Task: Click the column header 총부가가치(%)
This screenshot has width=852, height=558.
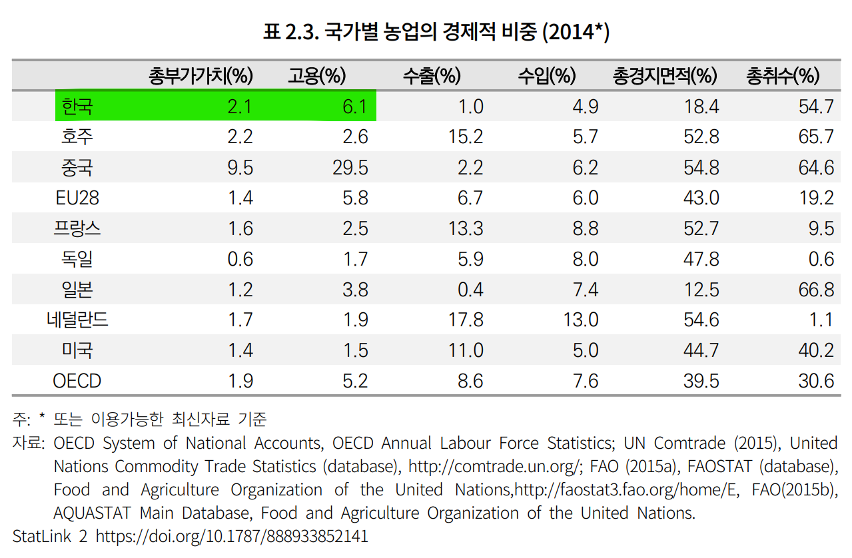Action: (x=201, y=76)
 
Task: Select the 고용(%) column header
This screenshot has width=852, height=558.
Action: (x=316, y=76)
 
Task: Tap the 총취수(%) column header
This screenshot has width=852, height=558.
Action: (x=782, y=76)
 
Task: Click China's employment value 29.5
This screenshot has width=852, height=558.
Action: (x=350, y=167)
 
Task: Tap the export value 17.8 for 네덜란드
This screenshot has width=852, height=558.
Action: (x=465, y=320)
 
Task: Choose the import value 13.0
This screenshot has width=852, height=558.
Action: (x=580, y=320)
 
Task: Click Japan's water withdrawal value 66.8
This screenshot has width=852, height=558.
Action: (x=816, y=290)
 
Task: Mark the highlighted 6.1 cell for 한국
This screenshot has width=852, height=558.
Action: (x=354, y=107)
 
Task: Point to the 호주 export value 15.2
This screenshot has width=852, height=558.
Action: (x=465, y=137)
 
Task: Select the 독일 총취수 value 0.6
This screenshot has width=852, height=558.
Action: (x=821, y=259)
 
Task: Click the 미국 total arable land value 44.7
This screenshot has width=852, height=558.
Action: (x=701, y=350)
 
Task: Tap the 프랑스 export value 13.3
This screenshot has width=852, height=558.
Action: (x=465, y=228)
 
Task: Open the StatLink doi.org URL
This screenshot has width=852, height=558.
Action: (x=232, y=537)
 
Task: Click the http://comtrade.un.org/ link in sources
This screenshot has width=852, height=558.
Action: (x=496, y=466)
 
